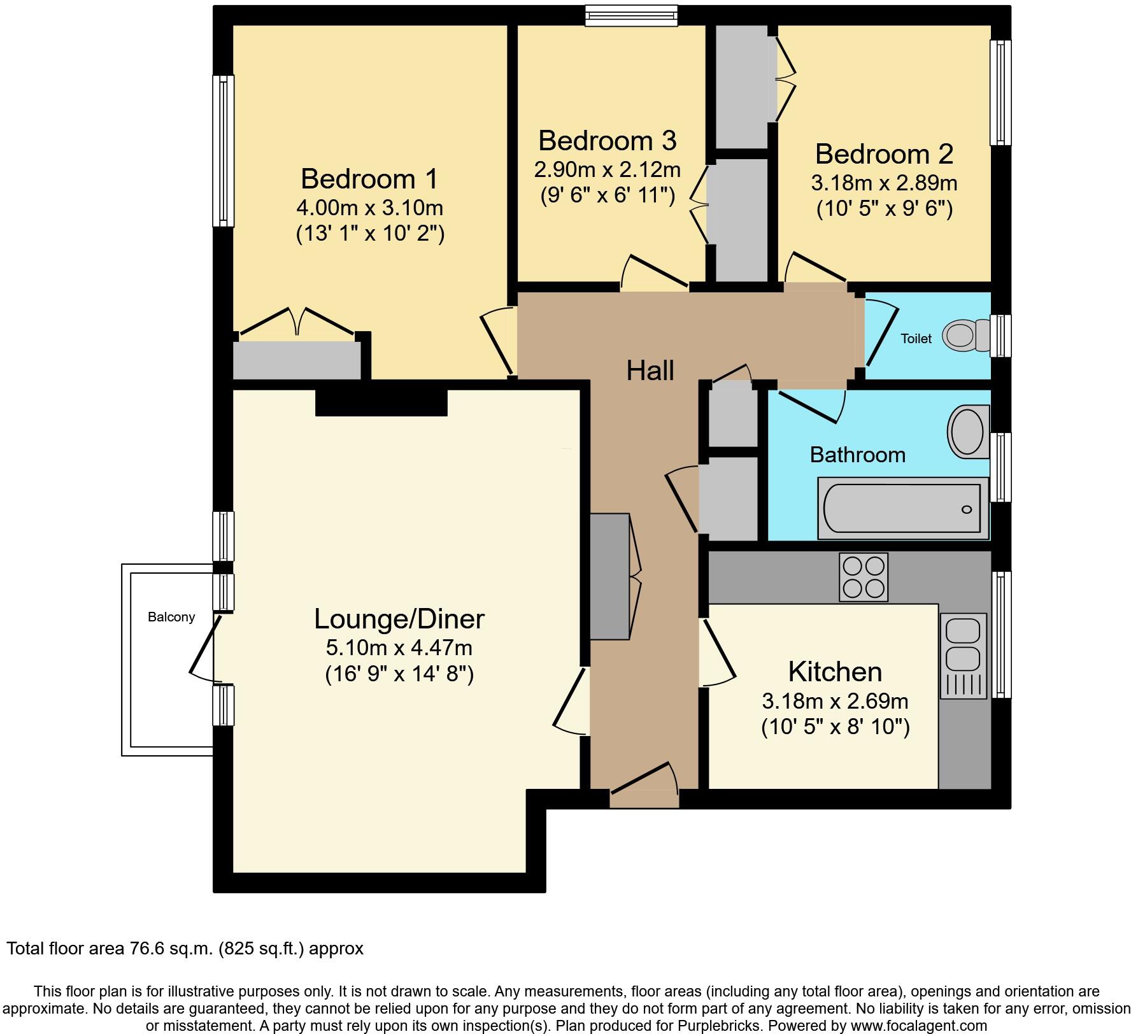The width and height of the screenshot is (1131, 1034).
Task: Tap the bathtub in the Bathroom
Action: coord(902,508)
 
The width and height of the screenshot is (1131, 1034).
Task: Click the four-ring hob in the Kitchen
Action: coord(864,577)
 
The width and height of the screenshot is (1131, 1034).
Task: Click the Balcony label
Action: coord(171,617)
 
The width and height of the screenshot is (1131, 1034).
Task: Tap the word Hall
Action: coord(650,371)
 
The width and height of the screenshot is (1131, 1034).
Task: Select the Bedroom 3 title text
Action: coord(607,141)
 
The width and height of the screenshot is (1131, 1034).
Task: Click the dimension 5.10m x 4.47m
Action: coord(399,648)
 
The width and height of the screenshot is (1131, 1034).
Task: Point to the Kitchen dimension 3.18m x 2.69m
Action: coord(835,701)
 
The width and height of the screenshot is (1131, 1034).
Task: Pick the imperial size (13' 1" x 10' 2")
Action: coord(370,234)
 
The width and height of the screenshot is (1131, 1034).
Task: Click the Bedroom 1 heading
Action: coord(369,179)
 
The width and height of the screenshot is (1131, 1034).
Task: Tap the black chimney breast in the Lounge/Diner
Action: coord(381,402)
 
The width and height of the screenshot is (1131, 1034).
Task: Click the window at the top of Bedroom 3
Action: coord(631,16)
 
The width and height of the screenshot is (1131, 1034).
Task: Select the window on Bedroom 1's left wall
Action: coord(222,150)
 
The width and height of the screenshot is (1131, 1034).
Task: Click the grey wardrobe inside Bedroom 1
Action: coord(296,360)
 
